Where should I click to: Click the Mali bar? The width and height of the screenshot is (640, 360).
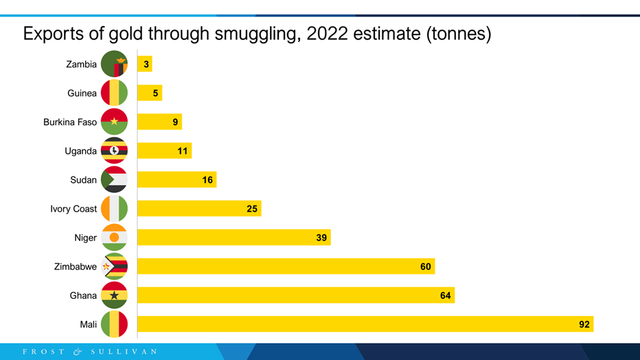pyautogui.click(x=364, y=324)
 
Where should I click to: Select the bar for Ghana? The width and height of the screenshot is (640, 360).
pyautogui.click(x=295, y=295)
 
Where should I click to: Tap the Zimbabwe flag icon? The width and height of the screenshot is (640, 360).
pyautogui.click(x=114, y=267)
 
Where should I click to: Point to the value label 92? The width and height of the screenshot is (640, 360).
pyautogui.click(x=584, y=324)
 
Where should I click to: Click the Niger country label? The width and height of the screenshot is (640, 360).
pyautogui.click(x=86, y=238)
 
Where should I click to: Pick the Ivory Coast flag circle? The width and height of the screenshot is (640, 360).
pyautogui.click(x=114, y=209)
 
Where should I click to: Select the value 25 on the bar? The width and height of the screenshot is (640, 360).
pyautogui.click(x=252, y=209)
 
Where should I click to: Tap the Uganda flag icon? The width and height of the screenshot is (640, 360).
pyautogui.click(x=114, y=151)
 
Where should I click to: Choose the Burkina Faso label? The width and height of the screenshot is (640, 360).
pyautogui.click(x=70, y=122)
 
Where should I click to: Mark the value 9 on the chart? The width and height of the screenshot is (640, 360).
pyautogui.click(x=176, y=122)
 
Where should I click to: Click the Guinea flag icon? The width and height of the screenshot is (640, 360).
pyautogui.click(x=114, y=93)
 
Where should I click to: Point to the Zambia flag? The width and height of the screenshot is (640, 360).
pyautogui.click(x=114, y=65)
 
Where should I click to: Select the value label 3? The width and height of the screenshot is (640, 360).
pyautogui.click(x=146, y=65)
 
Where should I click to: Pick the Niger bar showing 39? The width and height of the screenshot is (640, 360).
pyautogui.click(x=233, y=238)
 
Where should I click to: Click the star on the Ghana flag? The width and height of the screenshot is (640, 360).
pyautogui.click(x=114, y=295)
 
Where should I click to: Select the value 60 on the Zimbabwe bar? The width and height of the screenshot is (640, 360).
pyautogui.click(x=426, y=267)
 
